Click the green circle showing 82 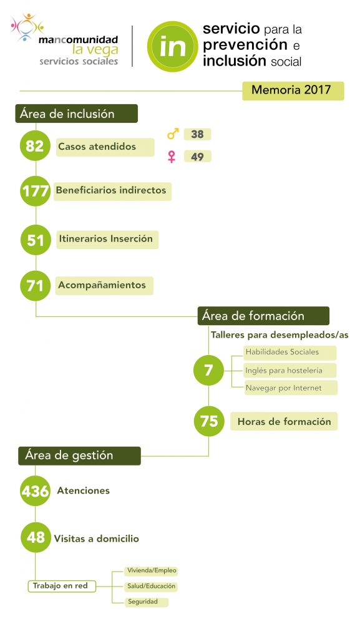coord(36,145)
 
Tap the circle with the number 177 coord(36,191)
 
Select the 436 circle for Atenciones coord(36,490)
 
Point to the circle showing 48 coord(36,537)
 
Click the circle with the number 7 coord(208,370)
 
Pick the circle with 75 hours coord(209,421)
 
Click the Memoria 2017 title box coord(293,90)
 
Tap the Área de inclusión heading coord(77,114)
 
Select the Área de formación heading coord(263,316)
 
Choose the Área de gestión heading coord(79,456)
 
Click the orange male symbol coord(173,134)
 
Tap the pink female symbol coord(172,157)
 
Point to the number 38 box coord(198,134)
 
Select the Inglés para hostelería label coord(290,371)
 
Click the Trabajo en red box coord(62,586)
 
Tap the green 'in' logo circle coord(173,46)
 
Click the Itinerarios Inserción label coord(107,239)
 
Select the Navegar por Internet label coord(291,388)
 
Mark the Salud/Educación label coord(152,586)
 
